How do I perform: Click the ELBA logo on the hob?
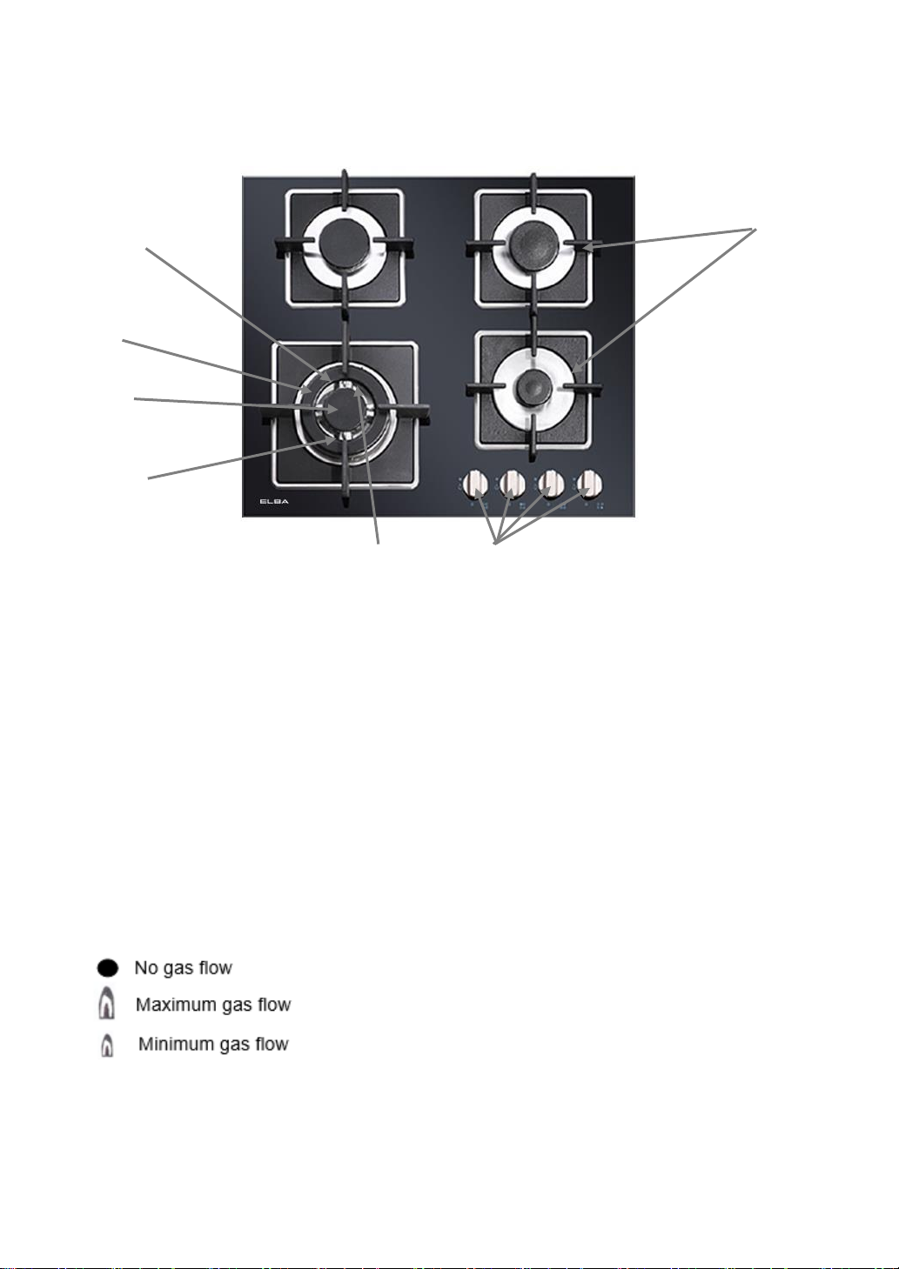274,501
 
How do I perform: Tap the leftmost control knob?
475,483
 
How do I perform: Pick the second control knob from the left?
513,483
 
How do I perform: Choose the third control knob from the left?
551,483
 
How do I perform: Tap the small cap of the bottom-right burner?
532,386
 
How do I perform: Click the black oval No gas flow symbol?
107,968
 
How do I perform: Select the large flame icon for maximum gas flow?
106,1005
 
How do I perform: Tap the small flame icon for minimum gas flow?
107,1045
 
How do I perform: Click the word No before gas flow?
145,968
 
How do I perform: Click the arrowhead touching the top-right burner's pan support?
588,248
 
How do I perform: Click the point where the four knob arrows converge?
494,544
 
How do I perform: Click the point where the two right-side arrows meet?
754,230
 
